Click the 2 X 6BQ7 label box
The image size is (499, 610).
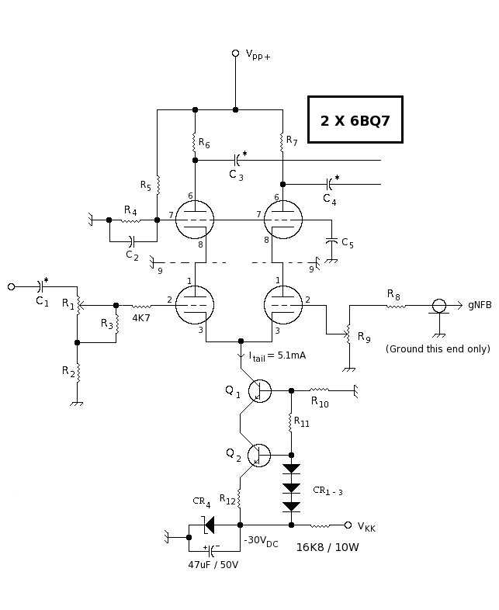[x=355, y=120]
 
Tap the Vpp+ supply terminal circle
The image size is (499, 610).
[x=235, y=53]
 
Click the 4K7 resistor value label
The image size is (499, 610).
[x=141, y=318]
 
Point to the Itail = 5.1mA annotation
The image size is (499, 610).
[x=277, y=355]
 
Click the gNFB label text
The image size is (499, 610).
[x=479, y=305]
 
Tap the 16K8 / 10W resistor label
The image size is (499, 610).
[x=327, y=547]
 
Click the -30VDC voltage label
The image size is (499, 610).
[x=261, y=541]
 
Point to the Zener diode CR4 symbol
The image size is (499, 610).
[x=207, y=525]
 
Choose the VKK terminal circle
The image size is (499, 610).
[x=348, y=525]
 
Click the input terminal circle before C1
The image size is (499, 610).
[x=11, y=286]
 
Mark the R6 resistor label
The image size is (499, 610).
[x=203, y=143]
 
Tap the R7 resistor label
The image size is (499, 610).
[x=291, y=140]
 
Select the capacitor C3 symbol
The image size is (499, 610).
[x=236, y=160]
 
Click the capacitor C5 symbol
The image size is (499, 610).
[x=332, y=242]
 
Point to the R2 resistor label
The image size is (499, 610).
[x=67, y=371]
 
